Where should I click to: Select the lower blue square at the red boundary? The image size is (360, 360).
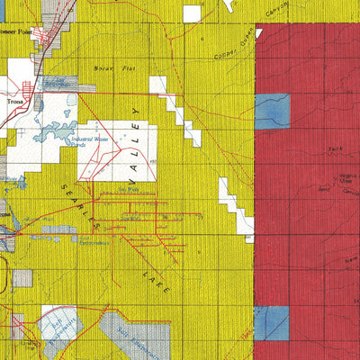(271, 323)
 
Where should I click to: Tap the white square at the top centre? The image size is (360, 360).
(192, 13)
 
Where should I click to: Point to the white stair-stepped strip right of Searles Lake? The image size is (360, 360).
(236, 206)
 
